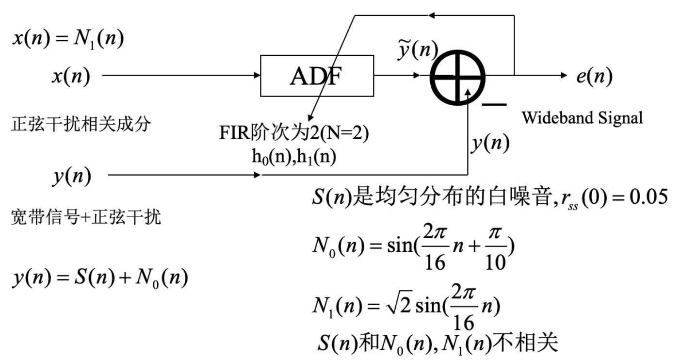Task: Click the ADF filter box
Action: point(317,76)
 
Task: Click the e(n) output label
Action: point(594,76)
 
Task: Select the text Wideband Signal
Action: point(582,117)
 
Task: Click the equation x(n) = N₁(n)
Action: point(68,38)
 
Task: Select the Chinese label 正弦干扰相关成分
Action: point(81,125)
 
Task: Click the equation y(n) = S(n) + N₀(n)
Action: point(100,278)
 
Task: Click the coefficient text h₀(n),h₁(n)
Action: point(294,159)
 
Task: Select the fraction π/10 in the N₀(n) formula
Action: point(495,252)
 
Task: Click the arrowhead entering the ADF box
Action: point(257,76)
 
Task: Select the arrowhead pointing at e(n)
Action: point(563,76)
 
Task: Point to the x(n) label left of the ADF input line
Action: point(71,76)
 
